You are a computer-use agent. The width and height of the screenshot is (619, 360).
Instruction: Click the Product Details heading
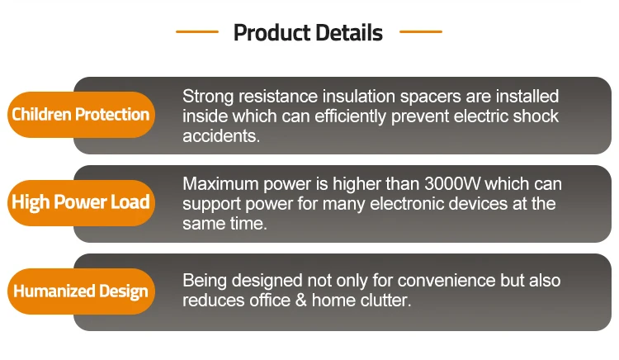308,32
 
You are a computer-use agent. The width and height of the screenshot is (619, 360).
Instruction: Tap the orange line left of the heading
197,31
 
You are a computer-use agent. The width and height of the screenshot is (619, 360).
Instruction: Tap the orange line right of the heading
421,31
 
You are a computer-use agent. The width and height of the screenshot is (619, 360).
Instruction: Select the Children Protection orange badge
81,115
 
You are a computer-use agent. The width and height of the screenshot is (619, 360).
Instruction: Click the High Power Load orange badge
81,202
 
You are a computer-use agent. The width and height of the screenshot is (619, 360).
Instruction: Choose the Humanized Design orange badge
81,291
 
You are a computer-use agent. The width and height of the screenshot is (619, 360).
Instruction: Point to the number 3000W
452,183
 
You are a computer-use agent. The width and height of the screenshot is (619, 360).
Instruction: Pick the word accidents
221,136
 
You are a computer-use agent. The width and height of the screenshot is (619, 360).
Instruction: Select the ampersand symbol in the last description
300,300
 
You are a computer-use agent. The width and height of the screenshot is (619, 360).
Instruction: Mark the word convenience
446,281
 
